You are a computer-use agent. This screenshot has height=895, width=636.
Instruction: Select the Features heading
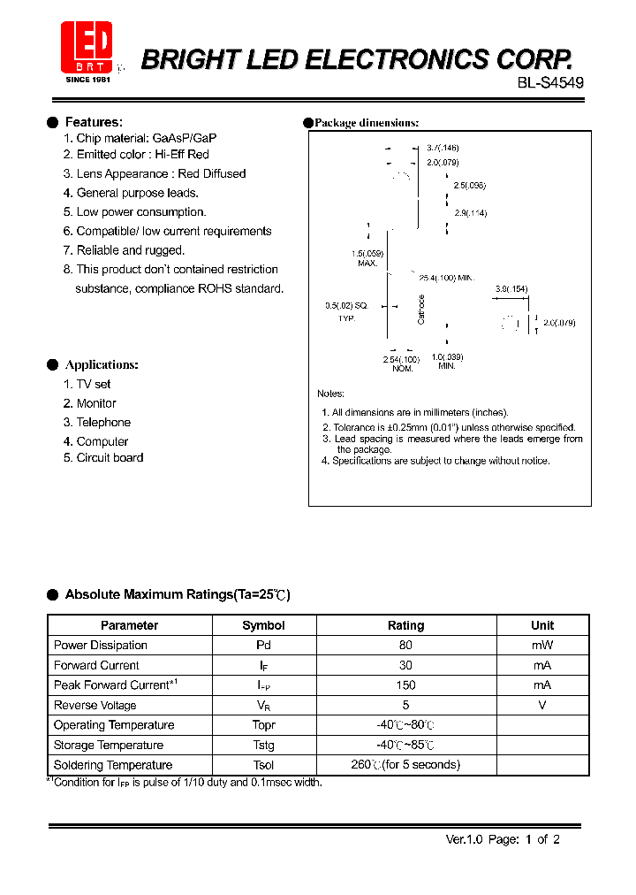[94, 122]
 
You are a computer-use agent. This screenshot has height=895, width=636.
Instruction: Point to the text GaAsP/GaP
[185, 138]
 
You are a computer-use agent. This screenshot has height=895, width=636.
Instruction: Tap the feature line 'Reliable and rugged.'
[130, 250]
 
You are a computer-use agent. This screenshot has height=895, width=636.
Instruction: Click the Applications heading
[102, 364]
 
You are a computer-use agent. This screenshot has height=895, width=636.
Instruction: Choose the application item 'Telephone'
[103, 423]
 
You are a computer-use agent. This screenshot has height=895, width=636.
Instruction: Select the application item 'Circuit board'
[110, 458]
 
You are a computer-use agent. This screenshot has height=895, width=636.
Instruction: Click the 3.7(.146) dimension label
[443, 148]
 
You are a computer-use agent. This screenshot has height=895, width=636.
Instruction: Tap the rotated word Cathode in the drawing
[421, 309]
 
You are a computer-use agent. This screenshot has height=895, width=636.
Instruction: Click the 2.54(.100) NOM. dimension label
[401, 363]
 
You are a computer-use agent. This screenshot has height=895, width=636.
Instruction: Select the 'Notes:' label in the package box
[331, 394]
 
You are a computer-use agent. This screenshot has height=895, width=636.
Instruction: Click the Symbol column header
[263, 625]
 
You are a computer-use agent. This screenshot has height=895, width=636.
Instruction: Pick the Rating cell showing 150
[405, 685]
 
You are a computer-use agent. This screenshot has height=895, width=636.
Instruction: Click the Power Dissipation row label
[101, 646]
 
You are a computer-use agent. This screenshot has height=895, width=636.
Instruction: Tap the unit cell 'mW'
[542, 646]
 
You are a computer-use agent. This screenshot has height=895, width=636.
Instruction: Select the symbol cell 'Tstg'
[263, 746]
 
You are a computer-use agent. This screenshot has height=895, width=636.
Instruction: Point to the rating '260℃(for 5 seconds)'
[405, 765]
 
